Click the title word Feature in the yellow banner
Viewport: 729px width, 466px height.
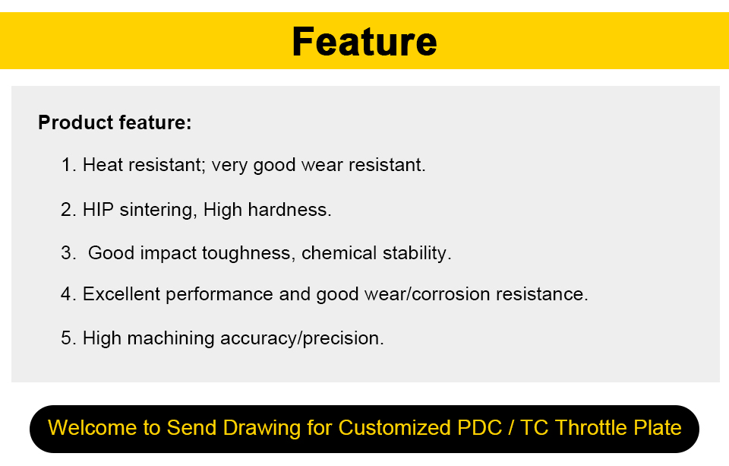click(364, 42)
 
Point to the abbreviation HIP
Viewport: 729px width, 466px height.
click(98, 210)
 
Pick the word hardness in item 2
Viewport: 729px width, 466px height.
click(289, 210)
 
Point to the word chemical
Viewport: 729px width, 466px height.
click(339, 253)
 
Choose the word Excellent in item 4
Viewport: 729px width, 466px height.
click(121, 294)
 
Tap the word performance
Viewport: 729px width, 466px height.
click(219, 295)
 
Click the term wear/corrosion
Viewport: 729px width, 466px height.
click(428, 294)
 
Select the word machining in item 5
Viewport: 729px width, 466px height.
click(171, 339)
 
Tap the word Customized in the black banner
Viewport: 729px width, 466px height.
click(395, 428)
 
